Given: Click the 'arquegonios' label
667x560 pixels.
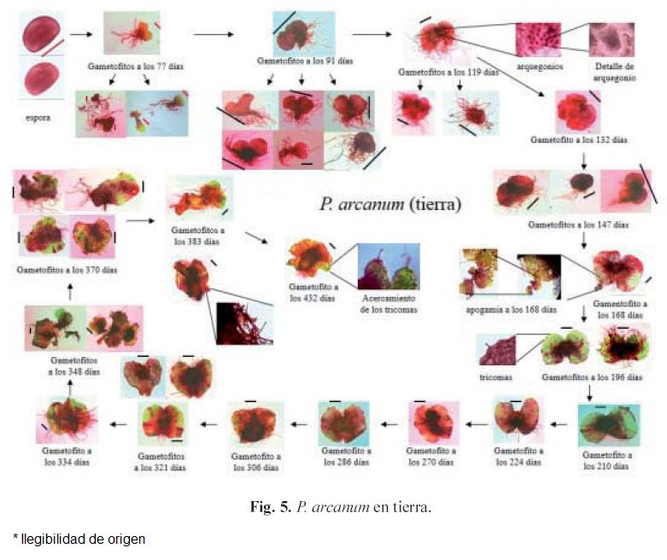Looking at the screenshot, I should click(x=540, y=66).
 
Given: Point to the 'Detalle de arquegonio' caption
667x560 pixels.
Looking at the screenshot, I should click(x=612, y=70).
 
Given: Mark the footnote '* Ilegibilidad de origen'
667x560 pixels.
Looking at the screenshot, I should click(x=79, y=539).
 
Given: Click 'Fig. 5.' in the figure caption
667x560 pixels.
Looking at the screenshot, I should click(x=271, y=507).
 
